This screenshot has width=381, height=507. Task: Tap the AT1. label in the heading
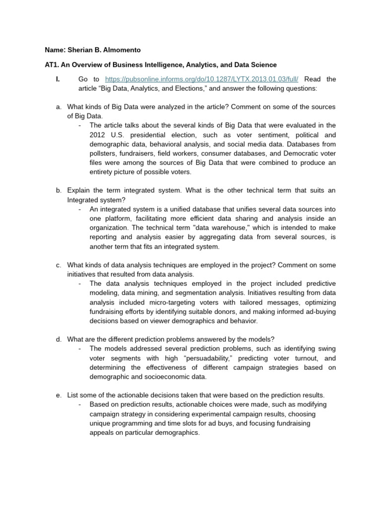point(52,65)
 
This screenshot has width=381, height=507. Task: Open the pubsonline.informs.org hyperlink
point(202,79)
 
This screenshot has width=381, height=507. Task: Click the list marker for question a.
point(59,107)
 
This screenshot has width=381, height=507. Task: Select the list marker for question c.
point(59,265)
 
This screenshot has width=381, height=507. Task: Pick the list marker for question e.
point(59,395)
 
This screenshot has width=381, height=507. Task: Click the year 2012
point(99,135)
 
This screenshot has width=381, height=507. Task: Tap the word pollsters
point(104,153)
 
